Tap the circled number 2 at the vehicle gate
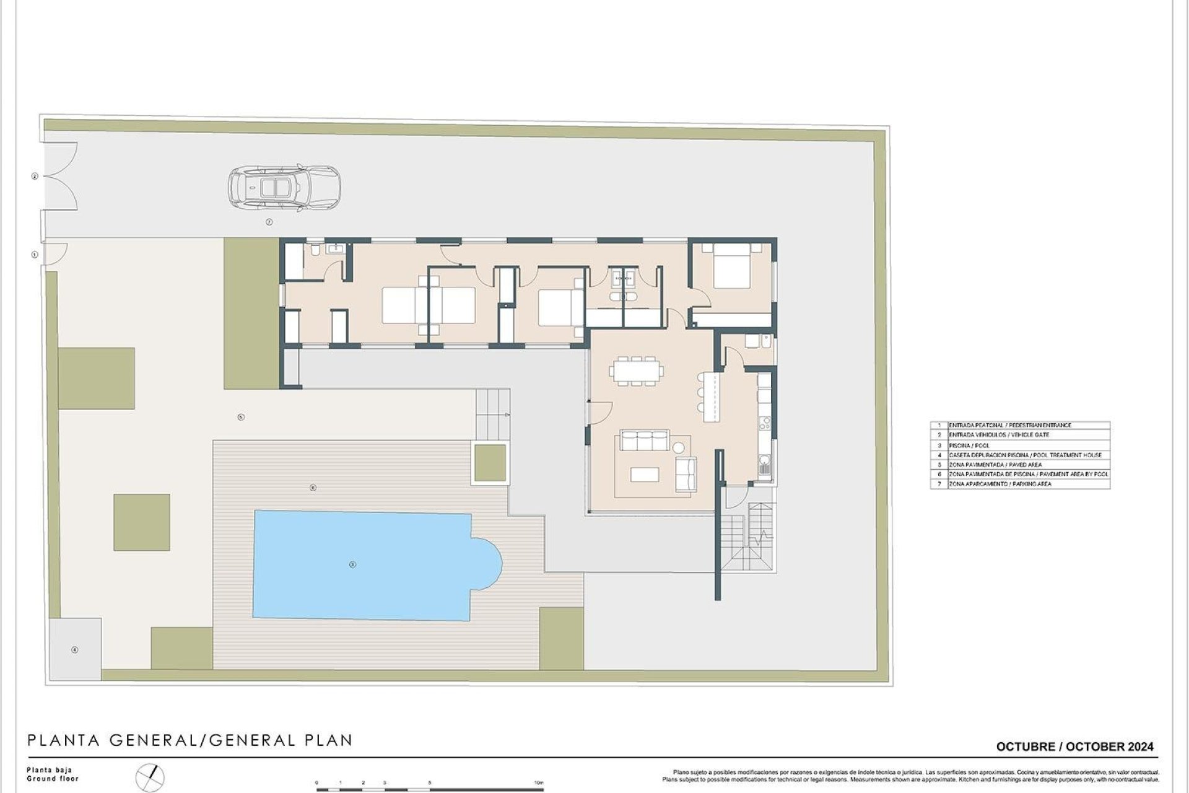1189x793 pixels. [x=35, y=177]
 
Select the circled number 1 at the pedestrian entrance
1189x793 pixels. [x=35, y=255]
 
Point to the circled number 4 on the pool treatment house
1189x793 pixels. [x=75, y=650]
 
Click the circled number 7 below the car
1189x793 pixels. [x=269, y=222]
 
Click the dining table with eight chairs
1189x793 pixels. [x=636, y=371]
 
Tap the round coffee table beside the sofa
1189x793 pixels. [x=679, y=447]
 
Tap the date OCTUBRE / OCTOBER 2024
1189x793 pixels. [x=1074, y=747]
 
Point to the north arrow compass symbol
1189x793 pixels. [x=150, y=778]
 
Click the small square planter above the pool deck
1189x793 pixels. [x=489, y=463]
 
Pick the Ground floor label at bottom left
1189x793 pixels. [x=52, y=779]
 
